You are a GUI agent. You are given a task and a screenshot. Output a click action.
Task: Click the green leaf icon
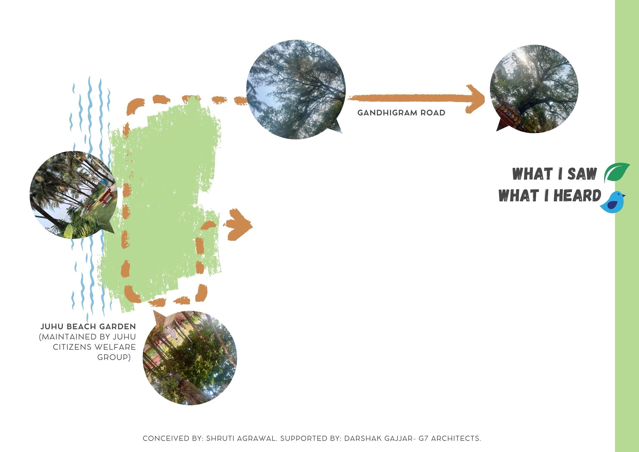tap(617, 173)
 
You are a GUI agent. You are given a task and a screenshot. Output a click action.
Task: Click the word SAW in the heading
tap(582, 174)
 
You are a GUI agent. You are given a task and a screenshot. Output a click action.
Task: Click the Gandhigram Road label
tap(401, 113)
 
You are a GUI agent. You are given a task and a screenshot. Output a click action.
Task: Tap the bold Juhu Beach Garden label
tap(88, 327)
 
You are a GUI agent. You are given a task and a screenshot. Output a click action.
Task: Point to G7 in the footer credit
tap(424, 439)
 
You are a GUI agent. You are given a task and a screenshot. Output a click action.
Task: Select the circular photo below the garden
tap(190, 358)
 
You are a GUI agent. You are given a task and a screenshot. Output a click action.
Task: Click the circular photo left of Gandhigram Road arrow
tap(296, 89)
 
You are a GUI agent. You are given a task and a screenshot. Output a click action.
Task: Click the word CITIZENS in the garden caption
tap(67, 347)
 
